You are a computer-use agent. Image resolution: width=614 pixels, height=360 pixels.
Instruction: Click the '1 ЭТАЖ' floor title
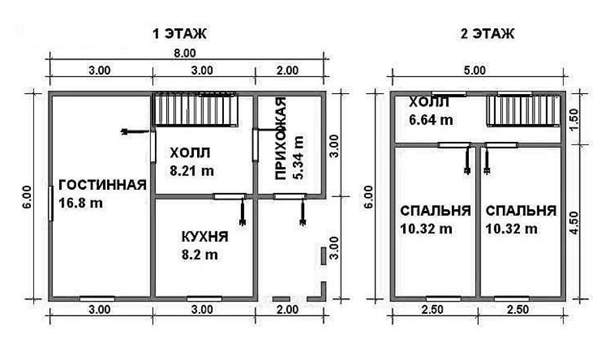(x=179, y=33)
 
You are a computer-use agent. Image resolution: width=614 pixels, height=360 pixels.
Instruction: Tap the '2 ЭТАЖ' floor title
(x=487, y=33)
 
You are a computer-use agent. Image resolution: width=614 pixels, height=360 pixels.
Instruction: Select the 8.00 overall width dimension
(x=184, y=53)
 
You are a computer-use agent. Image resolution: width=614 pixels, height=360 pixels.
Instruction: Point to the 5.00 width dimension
(x=475, y=70)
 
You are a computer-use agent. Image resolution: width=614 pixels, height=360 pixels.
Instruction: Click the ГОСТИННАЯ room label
(x=102, y=185)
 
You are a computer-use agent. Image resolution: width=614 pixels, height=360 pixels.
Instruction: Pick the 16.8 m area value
(x=81, y=203)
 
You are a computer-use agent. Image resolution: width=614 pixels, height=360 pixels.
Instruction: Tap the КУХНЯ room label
(x=204, y=237)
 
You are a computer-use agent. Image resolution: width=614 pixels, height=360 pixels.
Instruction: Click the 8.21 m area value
(x=192, y=171)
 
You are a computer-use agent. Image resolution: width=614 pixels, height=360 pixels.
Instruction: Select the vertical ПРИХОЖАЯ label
(x=280, y=138)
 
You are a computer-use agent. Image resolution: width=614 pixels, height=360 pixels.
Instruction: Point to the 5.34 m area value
(x=298, y=157)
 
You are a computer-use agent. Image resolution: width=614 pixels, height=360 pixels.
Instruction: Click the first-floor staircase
(x=195, y=110)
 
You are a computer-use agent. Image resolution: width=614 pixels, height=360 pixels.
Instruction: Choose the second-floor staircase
(x=523, y=111)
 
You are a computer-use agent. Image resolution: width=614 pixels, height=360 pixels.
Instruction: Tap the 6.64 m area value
(x=431, y=119)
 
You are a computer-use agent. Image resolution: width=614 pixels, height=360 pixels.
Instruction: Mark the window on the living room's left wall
(x=51, y=204)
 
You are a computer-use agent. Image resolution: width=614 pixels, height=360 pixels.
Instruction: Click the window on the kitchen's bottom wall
(x=204, y=299)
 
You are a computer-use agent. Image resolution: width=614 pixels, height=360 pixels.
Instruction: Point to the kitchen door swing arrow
(x=243, y=212)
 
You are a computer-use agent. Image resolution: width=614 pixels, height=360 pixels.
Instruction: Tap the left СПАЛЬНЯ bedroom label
(x=435, y=210)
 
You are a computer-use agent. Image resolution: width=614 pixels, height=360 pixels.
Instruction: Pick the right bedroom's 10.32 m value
(x=512, y=228)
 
